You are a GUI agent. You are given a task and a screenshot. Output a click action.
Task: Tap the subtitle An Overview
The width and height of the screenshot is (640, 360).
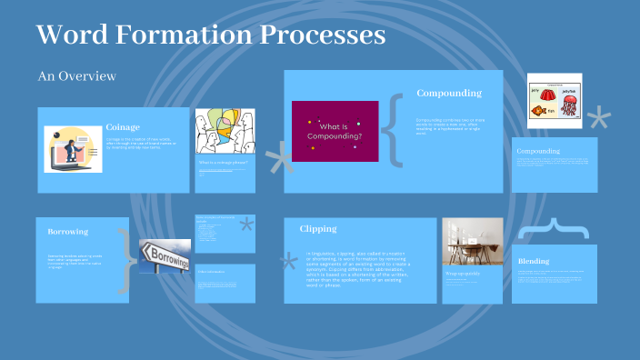[76, 76]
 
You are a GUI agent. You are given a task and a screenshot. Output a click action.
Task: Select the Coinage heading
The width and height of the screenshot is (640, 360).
[123, 127]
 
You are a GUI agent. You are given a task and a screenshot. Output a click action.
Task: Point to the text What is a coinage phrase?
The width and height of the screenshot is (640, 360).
[223, 162]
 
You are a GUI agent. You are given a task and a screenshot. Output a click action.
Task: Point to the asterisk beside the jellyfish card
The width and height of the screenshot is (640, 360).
[599, 117]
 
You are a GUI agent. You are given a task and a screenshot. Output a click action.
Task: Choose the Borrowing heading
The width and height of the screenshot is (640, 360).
[67, 232]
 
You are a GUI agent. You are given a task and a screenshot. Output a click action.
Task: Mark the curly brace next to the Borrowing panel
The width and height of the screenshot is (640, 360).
[125, 259]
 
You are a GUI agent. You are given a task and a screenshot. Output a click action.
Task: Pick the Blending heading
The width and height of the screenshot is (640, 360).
[533, 261]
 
